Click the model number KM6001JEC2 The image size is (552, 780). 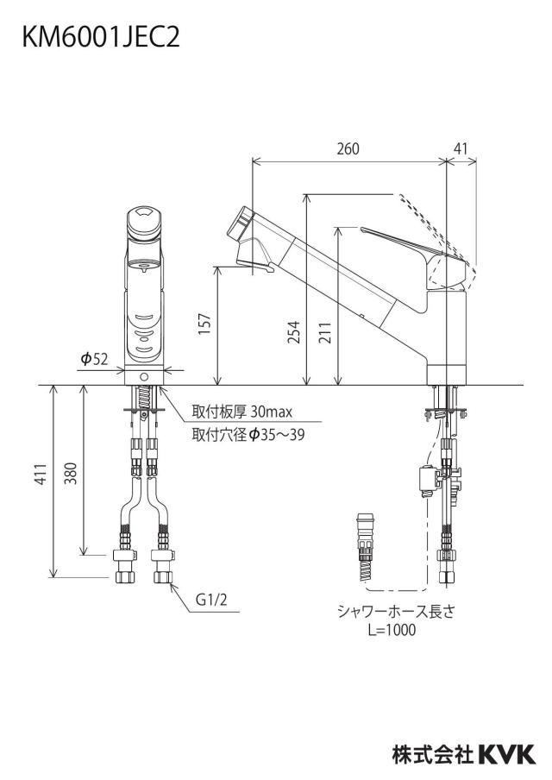(100, 37)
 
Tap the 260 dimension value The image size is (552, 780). (348, 148)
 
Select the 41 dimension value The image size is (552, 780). (461, 148)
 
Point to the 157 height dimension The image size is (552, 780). (205, 324)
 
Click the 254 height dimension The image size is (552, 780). (294, 332)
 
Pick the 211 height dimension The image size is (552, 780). (325, 332)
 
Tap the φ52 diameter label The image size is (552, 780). (94, 359)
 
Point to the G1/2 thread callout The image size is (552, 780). (210, 600)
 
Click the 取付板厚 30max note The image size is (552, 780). (242, 412)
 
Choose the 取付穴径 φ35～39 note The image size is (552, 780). (248, 435)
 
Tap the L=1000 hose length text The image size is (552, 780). (392, 630)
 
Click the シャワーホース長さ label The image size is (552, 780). (396, 611)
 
